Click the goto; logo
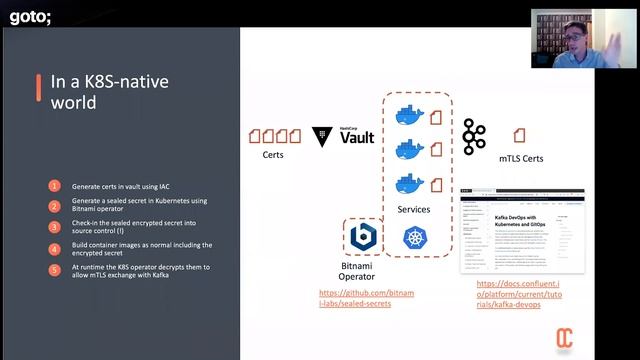click(x=31, y=15)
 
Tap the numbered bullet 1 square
click(x=54, y=186)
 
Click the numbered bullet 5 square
click(x=54, y=269)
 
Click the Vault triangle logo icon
click(x=322, y=135)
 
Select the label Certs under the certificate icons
click(x=273, y=155)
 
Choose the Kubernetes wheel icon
click(x=414, y=238)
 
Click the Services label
click(x=413, y=209)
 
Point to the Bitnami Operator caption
click(x=357, y=273)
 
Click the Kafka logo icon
click(x=474, y=136)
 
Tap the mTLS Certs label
click(x=521, y=158)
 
